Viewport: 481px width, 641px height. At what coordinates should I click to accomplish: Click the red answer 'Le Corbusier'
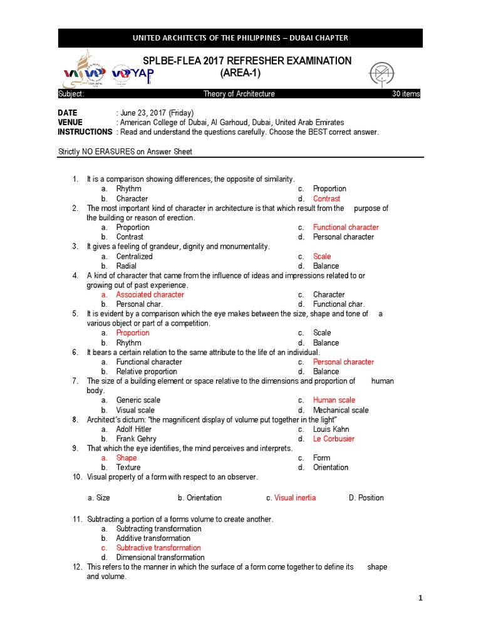333,439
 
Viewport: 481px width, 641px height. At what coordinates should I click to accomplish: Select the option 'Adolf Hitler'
133,429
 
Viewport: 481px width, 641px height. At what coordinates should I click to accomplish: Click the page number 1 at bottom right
421,598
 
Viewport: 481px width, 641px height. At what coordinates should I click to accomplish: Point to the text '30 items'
406,94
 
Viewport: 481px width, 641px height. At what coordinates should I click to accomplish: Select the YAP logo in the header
133,74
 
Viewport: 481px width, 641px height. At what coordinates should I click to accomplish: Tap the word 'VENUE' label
70,122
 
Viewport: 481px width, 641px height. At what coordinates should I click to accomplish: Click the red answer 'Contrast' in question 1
326,198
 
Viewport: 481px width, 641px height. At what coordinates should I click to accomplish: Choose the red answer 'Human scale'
334,400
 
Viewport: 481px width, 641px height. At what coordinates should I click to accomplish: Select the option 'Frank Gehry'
136,439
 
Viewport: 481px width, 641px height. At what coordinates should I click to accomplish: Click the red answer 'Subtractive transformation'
158,548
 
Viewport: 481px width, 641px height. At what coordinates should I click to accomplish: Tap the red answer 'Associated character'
150,294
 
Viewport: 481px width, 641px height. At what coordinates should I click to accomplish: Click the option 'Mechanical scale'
341,410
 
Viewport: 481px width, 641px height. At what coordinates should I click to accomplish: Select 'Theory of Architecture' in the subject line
239,94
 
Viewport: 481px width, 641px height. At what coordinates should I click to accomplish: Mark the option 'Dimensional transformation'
160,557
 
